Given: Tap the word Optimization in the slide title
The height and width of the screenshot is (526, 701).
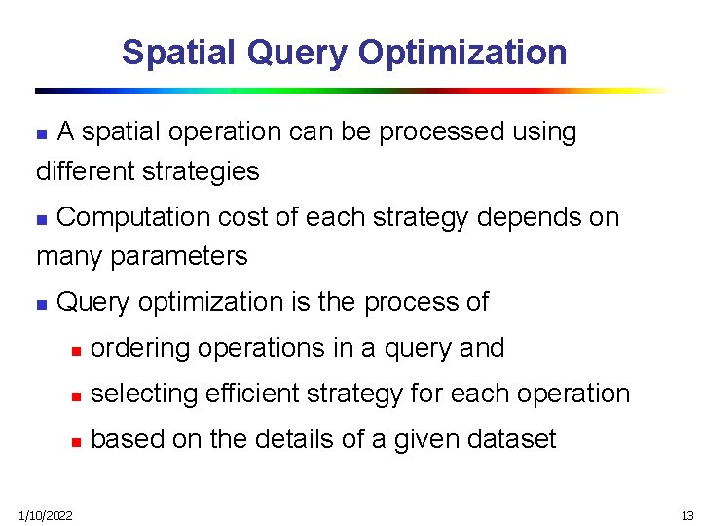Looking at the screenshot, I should click(x=462, y=52).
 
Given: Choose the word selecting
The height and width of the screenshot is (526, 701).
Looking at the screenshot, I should click(x=136, y=394).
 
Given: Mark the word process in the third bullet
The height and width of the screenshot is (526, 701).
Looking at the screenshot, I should click(x=402, y=302).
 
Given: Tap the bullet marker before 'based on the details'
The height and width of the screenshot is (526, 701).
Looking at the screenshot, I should click(x=74, y=441).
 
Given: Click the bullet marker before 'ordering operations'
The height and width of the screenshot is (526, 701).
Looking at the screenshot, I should click(x=74, y=350).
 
